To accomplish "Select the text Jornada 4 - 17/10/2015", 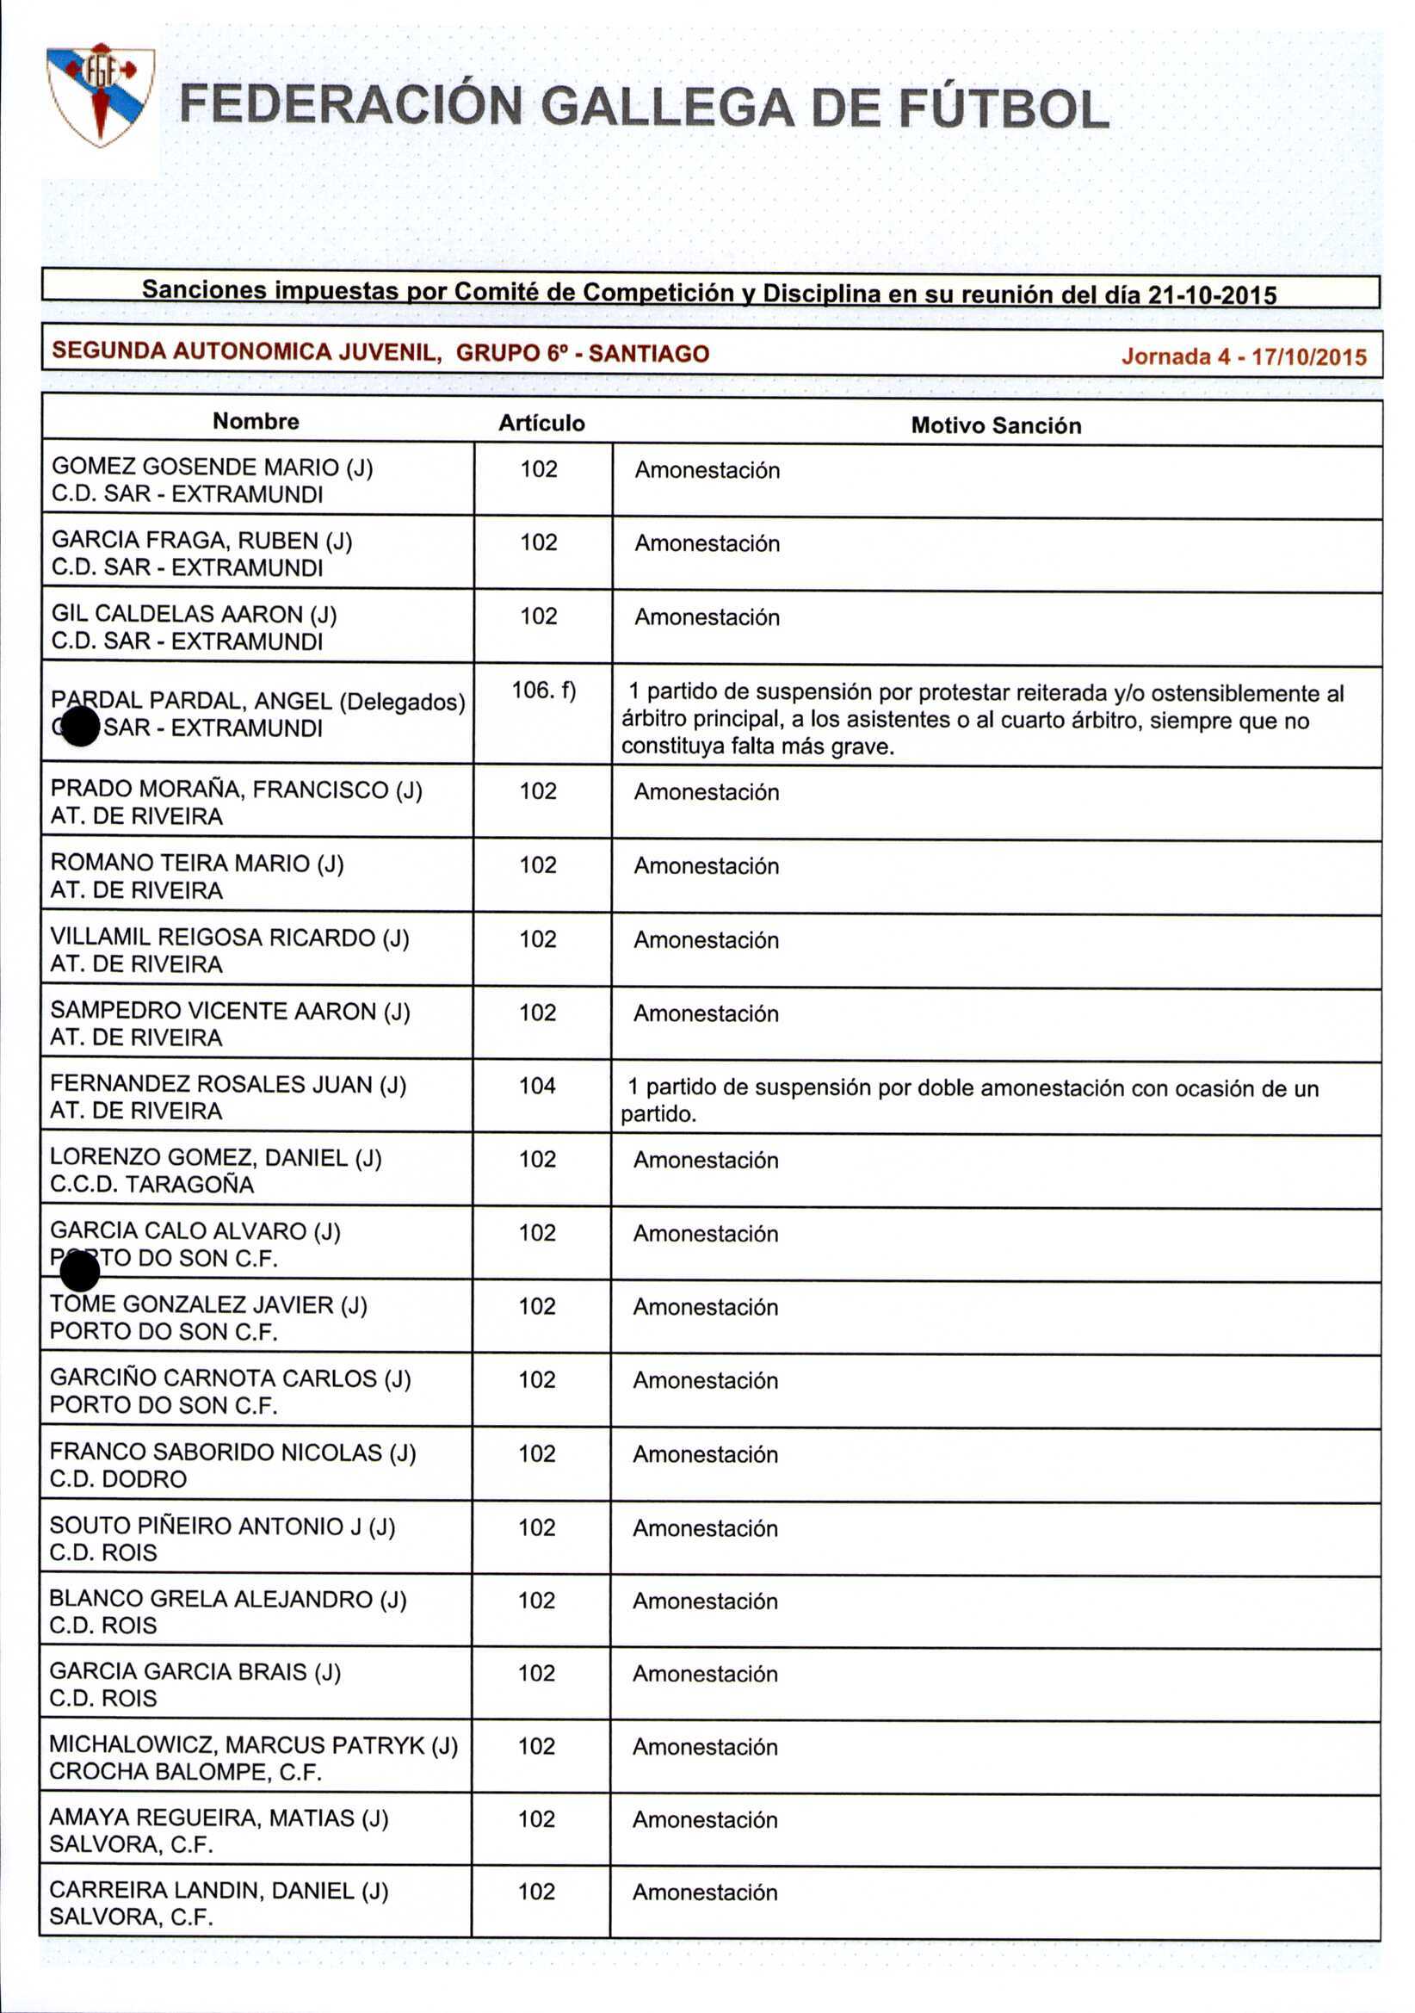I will [x=1243, y=356].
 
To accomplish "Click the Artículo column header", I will [x=541, y=423].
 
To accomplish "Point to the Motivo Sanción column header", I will [x=996, y=425].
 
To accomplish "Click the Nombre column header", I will [x=255, y=421].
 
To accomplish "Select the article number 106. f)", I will [x=544, y=690].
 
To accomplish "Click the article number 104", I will [x=537, y=1086].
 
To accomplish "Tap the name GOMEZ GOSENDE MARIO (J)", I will [x=212, y=467].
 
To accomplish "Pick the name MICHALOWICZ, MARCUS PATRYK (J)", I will [x=253, y=1744].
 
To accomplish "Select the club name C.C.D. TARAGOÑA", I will [x=151, y=1185].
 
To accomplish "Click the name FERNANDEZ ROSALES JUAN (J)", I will [x=228, y=1085].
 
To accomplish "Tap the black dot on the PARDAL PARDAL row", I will [x=81, y=726].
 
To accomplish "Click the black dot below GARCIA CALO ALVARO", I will [x=81, y=1271].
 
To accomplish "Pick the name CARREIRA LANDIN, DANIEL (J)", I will [x=219, y=1890].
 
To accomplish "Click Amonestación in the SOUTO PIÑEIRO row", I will [x=705, y=1528].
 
